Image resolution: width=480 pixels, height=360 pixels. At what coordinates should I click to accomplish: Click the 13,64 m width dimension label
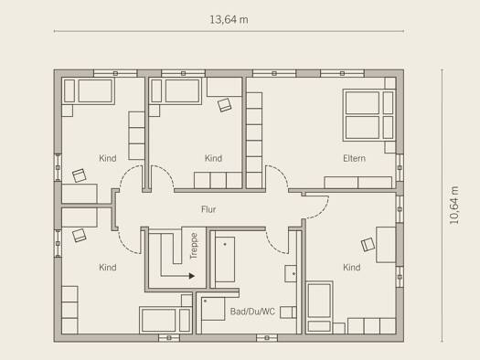click(229, 20)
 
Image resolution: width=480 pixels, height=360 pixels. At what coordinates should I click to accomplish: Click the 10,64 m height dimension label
click(454, 205)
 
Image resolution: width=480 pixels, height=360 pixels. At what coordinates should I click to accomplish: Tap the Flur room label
click(208, 209)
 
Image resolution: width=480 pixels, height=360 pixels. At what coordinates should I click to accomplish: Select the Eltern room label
click(354, 158)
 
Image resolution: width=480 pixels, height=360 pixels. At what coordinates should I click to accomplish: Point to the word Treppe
click(194, 246)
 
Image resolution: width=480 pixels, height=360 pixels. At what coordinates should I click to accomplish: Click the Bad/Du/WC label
click(252, 312)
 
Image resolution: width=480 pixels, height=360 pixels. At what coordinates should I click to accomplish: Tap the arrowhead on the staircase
click(192, 276)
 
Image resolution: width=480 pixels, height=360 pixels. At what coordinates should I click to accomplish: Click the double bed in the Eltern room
click(368, 115)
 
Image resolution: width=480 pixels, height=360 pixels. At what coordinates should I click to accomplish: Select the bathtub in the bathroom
click(225, 259)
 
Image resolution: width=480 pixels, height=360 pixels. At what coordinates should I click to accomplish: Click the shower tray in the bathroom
click(213, 309)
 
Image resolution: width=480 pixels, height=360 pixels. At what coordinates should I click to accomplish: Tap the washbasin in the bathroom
click(291, 273)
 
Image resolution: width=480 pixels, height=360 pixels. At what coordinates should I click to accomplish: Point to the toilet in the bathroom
click(288, 312)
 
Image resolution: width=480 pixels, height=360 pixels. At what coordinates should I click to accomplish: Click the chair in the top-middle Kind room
click(224, 105)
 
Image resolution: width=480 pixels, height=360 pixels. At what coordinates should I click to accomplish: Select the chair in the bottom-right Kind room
click(368, 245)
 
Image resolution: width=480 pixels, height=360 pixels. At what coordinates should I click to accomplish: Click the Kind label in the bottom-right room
click(352, 268)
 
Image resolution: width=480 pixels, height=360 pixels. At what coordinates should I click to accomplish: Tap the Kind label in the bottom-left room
click(108, 268)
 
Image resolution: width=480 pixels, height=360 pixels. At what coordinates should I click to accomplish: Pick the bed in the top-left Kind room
click(89, 91)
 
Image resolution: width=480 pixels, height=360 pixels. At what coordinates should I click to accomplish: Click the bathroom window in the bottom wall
click(267, 338)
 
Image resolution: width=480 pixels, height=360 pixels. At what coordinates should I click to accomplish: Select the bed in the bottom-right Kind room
click(320, 307)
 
